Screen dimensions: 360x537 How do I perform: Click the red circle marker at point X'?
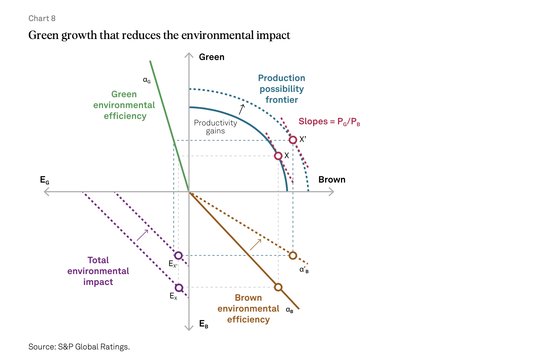tap(293, 140)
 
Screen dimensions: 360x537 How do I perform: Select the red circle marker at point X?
tap(278, 156)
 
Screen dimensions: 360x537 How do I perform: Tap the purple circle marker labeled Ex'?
tap(179, 255)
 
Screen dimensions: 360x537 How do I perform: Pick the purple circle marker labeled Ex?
tap(179, 288)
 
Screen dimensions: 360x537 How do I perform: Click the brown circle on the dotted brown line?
tap(293, 255)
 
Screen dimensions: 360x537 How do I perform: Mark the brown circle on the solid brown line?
tap(278, 287)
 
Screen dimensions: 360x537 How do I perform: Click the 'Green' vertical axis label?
tap(211, 57)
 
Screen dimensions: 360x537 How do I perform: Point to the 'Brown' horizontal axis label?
tap(332, 179)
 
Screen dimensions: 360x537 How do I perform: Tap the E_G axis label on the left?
tap(45, 180)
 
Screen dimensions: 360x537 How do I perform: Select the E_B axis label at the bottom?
tap(203, 324)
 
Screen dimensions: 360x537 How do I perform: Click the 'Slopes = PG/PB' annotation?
tap(329, 122)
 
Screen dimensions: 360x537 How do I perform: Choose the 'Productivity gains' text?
tap(215, 127)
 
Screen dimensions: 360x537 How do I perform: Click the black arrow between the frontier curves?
tap(242, 109)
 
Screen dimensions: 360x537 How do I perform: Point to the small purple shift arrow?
tap(142, 235)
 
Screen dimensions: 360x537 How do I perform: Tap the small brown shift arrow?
tap(255, 245)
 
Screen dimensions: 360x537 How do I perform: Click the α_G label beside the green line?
tap(147, 80)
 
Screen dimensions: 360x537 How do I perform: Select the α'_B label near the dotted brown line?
tap(304, 270)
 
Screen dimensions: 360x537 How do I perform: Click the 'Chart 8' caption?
tap(42, 18)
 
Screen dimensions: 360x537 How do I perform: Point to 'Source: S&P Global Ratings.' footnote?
tap(79, 347)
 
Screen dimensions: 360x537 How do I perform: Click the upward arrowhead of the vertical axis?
tap(189, 55)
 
